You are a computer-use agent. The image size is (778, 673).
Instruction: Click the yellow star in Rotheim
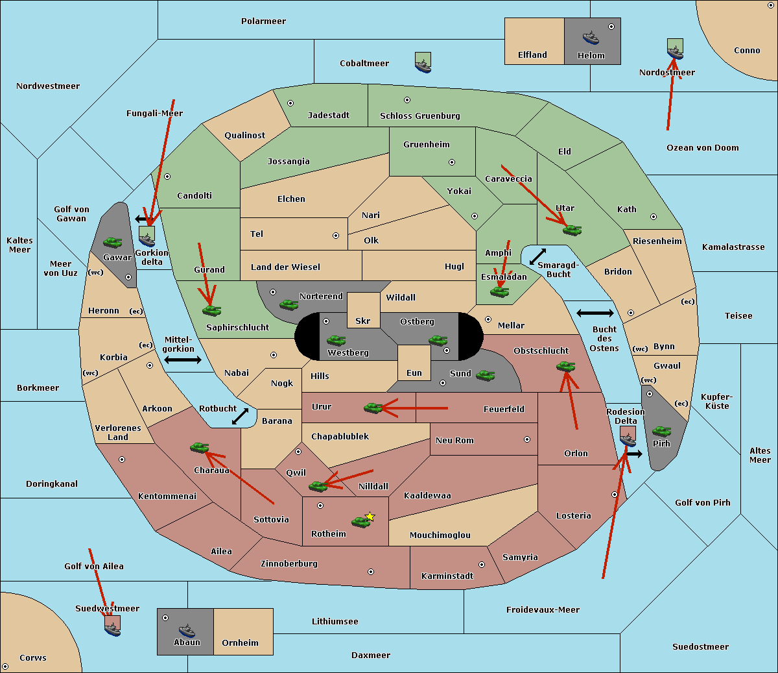click(370, 517)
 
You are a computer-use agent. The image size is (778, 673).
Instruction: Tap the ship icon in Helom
click(591, 38)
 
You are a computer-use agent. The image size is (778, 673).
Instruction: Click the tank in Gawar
click(112, 243)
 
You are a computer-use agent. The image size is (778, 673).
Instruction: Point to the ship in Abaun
click(187, 631)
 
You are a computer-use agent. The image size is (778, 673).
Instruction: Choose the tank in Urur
click(373, 408)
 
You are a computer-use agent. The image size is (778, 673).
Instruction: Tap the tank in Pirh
click(661, 432)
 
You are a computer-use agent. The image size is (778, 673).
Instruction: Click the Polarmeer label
click(263, 21)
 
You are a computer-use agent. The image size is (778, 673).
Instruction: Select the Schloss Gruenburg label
click(419, 116)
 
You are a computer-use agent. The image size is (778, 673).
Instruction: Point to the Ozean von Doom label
click(702, 148)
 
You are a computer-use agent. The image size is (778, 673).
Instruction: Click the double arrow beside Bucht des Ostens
click(595, 313)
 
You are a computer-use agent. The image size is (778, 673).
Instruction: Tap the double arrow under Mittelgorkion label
click(183, 360)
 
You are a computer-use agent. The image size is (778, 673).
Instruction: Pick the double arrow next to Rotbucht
click(241, 416)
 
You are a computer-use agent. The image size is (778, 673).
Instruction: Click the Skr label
click(362, 321)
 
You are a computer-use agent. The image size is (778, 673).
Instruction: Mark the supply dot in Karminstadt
click(481, 565)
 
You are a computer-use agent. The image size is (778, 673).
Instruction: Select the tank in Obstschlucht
click(565, 367)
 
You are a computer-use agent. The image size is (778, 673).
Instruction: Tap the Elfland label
click(532, 55)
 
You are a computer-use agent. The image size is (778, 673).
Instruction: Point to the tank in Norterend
click(289, 304)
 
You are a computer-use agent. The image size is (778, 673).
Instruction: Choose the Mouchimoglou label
click(440, 535)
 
